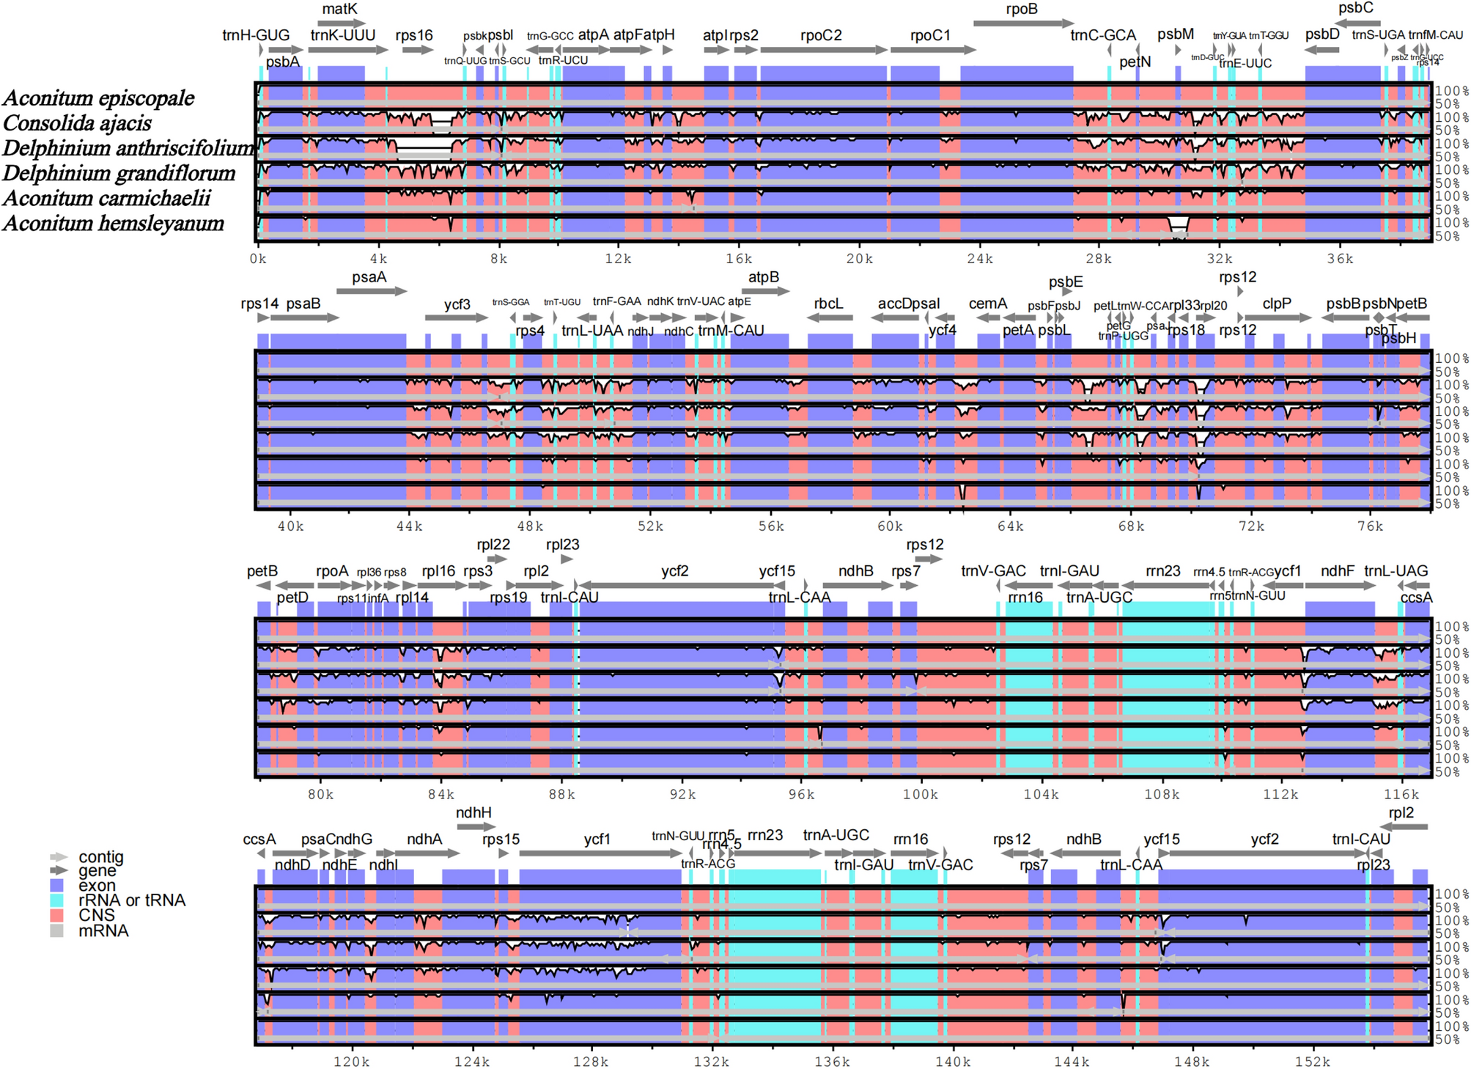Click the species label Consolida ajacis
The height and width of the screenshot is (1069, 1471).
77,123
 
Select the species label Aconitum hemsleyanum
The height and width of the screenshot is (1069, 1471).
113,223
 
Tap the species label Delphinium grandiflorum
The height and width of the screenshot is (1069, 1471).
119,173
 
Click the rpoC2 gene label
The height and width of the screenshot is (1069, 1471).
821,35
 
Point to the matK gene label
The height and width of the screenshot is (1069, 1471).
339,9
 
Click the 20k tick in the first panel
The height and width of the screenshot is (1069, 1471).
859,258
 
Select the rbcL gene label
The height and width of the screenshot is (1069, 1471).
828,304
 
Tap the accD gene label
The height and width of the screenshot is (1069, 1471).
893,304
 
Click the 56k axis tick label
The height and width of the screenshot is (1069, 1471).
770,526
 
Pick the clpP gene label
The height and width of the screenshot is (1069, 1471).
1276,304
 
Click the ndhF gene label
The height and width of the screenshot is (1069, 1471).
1337,570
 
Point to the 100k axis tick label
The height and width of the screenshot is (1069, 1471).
920,794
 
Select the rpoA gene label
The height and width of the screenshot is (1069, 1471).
332,570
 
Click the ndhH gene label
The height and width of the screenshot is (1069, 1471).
473,812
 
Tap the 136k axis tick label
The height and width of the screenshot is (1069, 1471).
832,1061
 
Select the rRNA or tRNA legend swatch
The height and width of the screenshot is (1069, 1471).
57,900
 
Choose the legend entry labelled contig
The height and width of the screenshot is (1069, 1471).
101,856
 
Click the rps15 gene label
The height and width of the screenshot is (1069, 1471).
501,839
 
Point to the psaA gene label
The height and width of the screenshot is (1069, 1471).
369,277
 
